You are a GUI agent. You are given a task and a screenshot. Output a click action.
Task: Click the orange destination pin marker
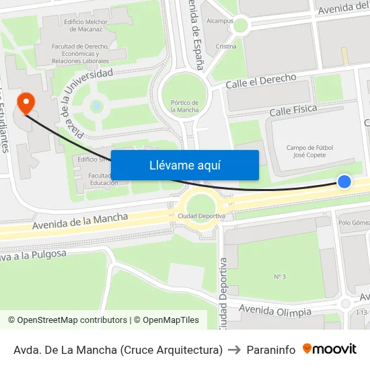(26, 104)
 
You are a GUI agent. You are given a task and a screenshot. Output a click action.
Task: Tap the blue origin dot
(344, 181)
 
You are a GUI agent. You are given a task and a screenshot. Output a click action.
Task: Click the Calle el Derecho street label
(261, 81)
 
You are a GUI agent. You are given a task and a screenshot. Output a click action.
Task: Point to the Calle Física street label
(293, 110)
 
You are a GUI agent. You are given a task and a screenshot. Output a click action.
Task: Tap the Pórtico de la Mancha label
(185, 106)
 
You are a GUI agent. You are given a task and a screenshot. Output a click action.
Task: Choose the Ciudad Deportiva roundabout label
(201, 215)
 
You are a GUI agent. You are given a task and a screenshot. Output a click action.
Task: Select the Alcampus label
(220, 21)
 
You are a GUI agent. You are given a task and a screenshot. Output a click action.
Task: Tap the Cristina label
(226, 46)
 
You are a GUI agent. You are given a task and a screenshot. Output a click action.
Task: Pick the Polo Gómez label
(355, 223)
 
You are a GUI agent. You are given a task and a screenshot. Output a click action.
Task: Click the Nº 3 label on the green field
(280, 276)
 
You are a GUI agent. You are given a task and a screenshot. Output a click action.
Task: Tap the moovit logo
(329, 349)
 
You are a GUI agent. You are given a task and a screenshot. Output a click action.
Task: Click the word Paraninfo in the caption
(271, 350)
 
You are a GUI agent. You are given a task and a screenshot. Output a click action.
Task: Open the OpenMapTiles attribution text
(166, 320)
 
